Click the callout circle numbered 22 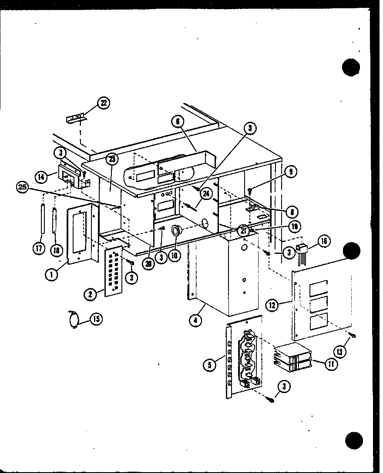(x=104, y=103)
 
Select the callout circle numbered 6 (x=176, y=123)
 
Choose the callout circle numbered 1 (x=52, y=274)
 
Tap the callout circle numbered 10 (x=175, y=256)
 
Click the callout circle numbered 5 (x=209, y=365)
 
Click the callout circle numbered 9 (x=291, y=172)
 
